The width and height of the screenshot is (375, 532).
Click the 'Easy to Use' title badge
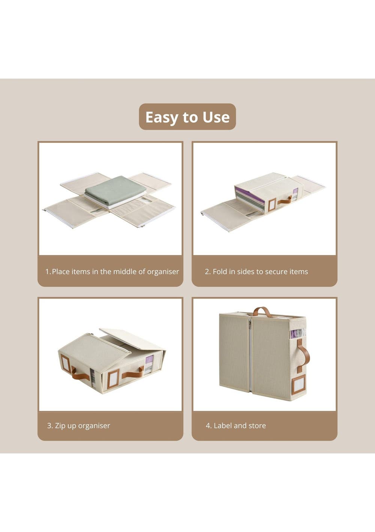click(x=187, y=117)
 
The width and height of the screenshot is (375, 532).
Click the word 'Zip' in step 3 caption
click(x=60, y=426)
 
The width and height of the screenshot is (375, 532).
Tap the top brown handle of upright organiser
click(x=262, y=312)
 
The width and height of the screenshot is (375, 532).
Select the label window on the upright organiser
click(x=298, y=386)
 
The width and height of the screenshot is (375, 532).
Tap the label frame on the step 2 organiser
click(x=271, y=205)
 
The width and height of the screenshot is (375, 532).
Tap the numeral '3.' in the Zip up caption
click(x=50, y=425)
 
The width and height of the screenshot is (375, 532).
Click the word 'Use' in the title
click(x=216, y=117)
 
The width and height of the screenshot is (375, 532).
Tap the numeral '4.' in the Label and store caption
click(x=208, y=425)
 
